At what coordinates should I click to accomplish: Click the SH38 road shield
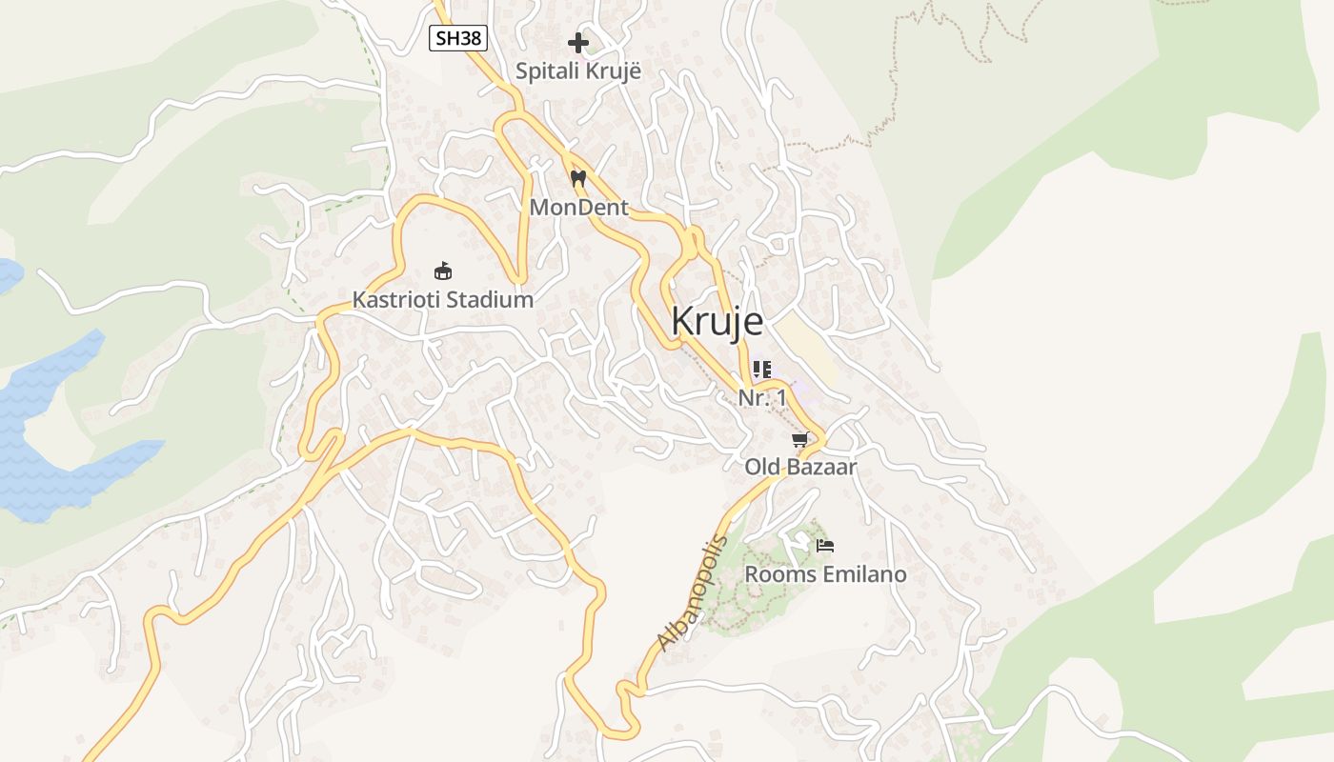[x=458, y=38]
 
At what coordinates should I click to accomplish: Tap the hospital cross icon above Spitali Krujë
[x=578, y=43]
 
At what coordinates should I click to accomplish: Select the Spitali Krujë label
[x=578, y=70]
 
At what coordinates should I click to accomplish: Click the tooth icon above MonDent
[x=577, y=178]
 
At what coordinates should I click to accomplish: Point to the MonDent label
[x=578, y=207]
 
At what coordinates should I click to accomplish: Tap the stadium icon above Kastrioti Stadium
[x=442, y=271]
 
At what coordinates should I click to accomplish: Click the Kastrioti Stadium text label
[x=442, y=299]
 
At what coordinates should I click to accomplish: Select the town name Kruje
[x=717, y=322]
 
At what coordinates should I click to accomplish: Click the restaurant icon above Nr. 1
[x=761, y=370]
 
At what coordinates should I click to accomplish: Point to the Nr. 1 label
[x=762, y=398]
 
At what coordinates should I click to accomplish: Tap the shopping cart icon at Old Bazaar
[x=800, y=439]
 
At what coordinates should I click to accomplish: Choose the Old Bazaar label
[x=800, y=467]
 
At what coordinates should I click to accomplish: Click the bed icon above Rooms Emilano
[x=825, y=546]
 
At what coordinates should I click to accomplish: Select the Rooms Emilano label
[x=825, y=574]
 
